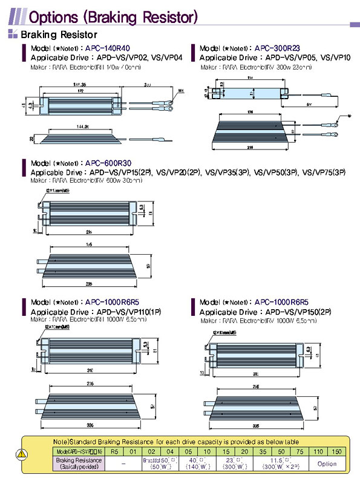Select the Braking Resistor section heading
tap(59, 35)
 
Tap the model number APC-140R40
tap(108, 48)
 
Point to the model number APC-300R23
tap(278, 48)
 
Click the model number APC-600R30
tap(108, 163)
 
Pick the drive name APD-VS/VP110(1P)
tap(137, 312)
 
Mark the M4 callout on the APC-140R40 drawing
tap(180, 91)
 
